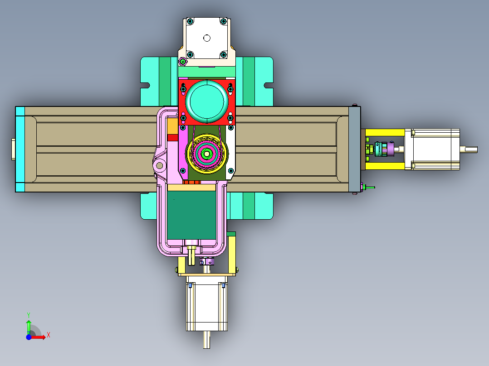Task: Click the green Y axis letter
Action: point(29,315)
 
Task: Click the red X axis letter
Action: point(49,335)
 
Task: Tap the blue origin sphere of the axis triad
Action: point(29,337)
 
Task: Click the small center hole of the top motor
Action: point(207,38)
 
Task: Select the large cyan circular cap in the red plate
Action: point(207,101)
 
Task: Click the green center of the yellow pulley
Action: point(206,154)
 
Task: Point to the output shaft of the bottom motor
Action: point(206,340)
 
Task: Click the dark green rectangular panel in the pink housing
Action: point(192,215)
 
